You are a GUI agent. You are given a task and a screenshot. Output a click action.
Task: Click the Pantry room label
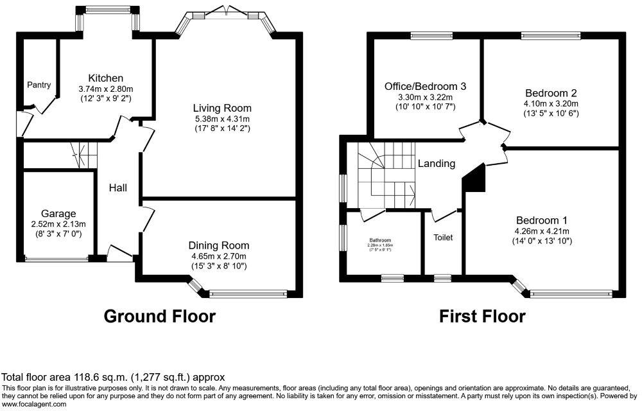(39, 85)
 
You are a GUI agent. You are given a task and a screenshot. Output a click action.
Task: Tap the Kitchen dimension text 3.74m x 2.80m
(105, 89)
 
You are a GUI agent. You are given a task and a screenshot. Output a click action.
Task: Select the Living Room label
(223, 108)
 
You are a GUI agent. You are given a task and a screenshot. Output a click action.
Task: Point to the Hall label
(117, 188)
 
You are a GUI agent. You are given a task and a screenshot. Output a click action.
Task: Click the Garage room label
(58, 214)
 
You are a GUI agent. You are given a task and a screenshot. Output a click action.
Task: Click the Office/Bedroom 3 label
(425, 87)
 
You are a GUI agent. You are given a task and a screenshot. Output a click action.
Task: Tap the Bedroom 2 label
(551, 92)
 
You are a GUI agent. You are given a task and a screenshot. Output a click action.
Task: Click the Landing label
(437, 164)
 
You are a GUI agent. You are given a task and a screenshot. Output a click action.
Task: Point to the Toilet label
(443, 238)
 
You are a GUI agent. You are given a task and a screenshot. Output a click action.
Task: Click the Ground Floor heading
(159, 316)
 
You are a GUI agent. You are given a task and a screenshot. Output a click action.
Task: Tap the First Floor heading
(481, 316)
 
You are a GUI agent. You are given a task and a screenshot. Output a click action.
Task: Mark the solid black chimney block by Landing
(474, 177)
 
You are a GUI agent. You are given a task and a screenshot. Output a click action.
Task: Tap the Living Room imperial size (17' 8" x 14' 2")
(223, 128)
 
